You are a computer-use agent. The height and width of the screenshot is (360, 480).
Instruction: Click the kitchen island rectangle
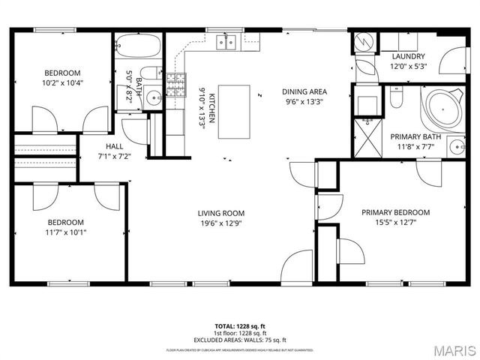(x=234, y=112)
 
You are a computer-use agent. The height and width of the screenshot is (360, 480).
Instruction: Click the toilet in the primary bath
(x=397, y=97)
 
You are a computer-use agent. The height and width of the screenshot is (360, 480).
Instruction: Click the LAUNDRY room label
(x=408, y=56)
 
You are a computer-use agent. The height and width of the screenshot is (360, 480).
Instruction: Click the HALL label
(x=115, y=147)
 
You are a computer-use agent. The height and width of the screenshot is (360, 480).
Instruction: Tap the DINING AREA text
(x=304, y=91)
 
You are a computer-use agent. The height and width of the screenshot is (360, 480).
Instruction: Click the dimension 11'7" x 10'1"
(x=66, y=232)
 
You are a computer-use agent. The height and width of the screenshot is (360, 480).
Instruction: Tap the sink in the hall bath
(x=151, y=97)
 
